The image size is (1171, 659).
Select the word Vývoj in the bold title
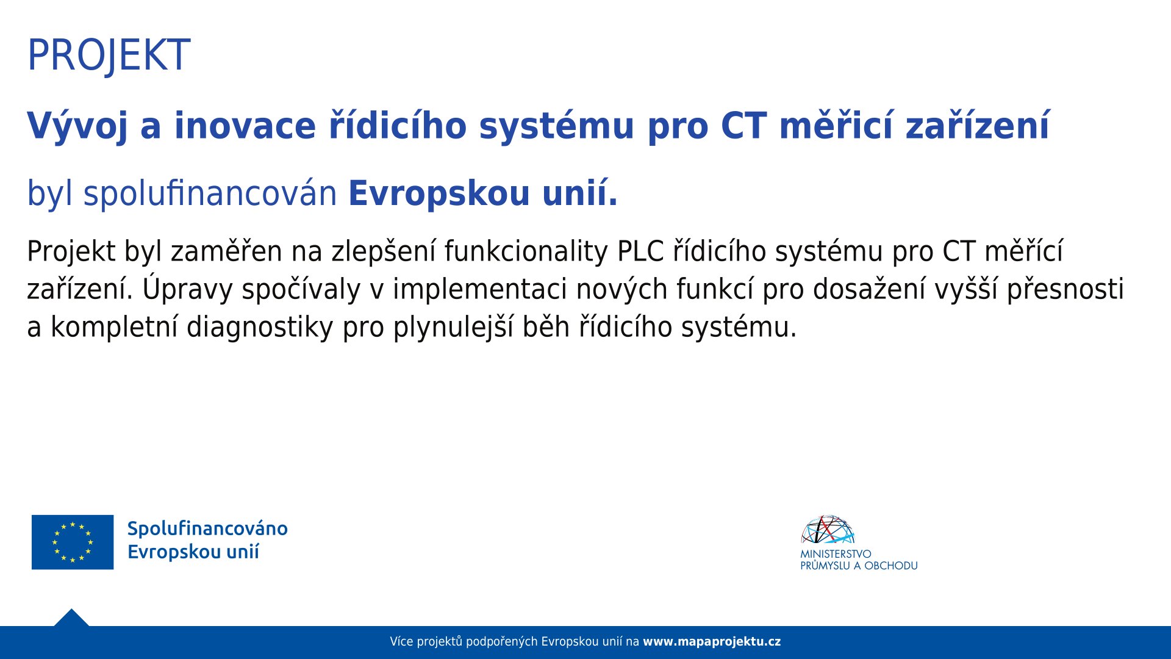[77, 126]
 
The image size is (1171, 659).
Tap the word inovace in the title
[245, 126]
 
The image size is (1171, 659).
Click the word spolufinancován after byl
[210, 193]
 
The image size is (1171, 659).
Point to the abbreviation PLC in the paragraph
[640, 251]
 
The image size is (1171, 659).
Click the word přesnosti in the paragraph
[1065, 289]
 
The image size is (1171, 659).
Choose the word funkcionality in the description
[526, 251]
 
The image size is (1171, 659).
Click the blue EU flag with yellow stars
[73, 542]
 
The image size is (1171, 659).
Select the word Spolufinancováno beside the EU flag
[207, 529]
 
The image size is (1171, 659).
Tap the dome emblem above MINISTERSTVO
[828, 529]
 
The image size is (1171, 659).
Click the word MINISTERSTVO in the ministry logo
[836, 554]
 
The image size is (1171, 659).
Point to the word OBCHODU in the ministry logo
[891, 566]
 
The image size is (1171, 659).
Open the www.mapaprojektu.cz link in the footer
[712, 642]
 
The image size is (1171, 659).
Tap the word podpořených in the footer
[502, 642]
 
